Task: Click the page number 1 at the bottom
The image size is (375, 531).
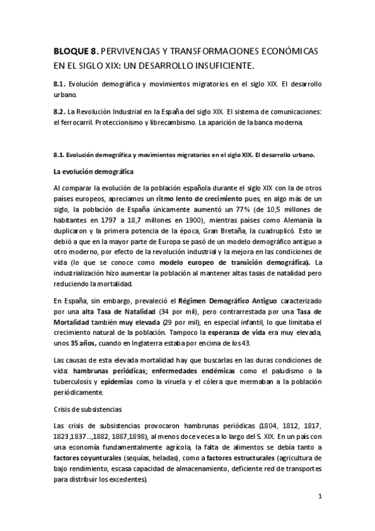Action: [319, 497]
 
